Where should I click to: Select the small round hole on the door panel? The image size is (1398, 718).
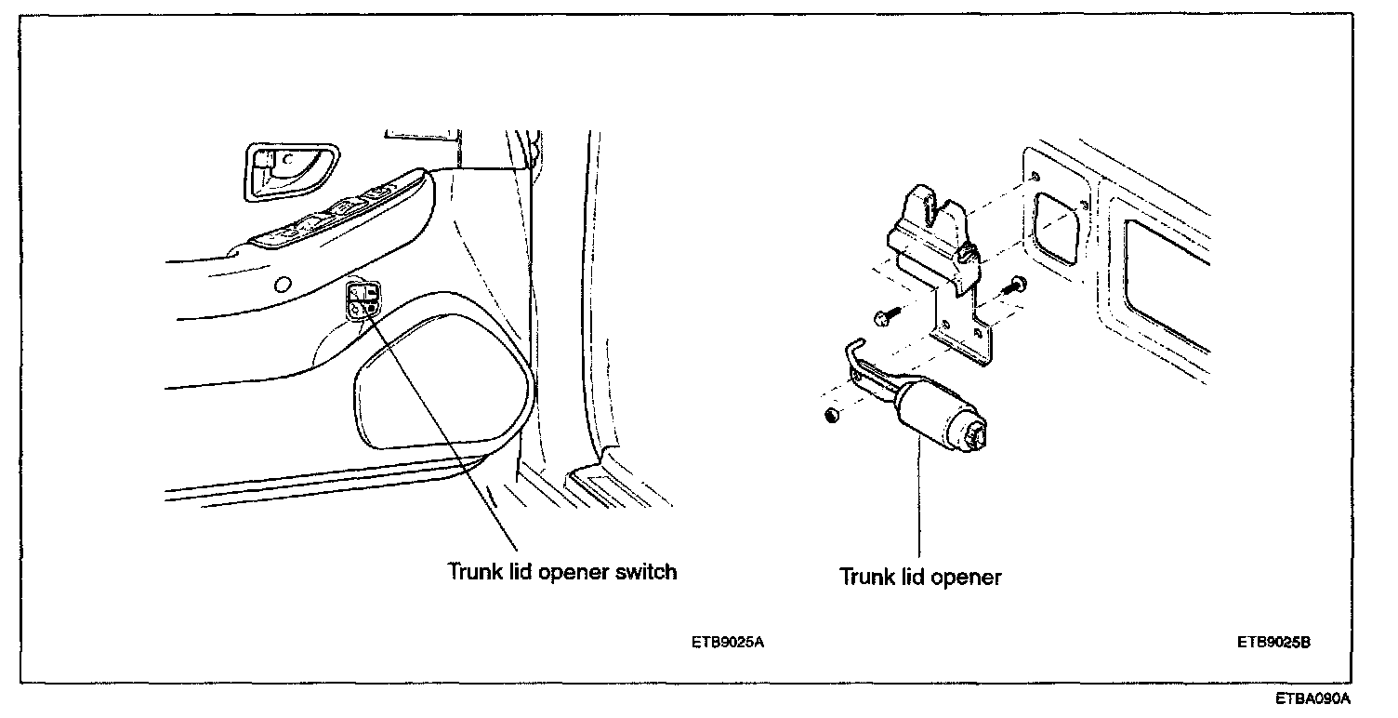[x=284, y=284]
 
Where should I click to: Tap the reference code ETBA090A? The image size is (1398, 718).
[x=1312, y=698]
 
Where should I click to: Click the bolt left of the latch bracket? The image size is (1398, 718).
[x=883, y=318]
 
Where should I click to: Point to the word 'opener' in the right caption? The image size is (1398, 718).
[x=965, y=578]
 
